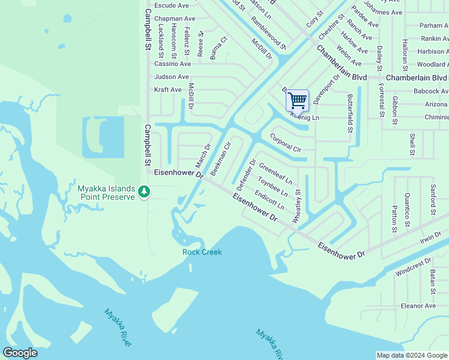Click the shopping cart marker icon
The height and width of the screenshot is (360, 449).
click(x=297, y=100)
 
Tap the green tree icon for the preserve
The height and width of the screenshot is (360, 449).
click(x=143, y=191)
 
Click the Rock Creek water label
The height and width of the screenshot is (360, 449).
click(x=202, y=252)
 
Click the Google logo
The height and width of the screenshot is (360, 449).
click(x=20, y=353)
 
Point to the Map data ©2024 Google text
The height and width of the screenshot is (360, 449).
click(x=411, y=355)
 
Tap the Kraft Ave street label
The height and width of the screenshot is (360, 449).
click(x=167, y=90)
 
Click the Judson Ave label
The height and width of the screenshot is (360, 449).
click(x=171, y=77)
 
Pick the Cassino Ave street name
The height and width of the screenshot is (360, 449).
click(x=172, y=64)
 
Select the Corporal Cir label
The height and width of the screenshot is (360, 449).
click(x=285, y=142)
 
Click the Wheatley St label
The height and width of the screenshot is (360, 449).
click(x=297, y=207)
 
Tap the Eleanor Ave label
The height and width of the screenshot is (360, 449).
click(x=418, y=306)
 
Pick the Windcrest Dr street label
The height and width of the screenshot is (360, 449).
click(x=413, y=267)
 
